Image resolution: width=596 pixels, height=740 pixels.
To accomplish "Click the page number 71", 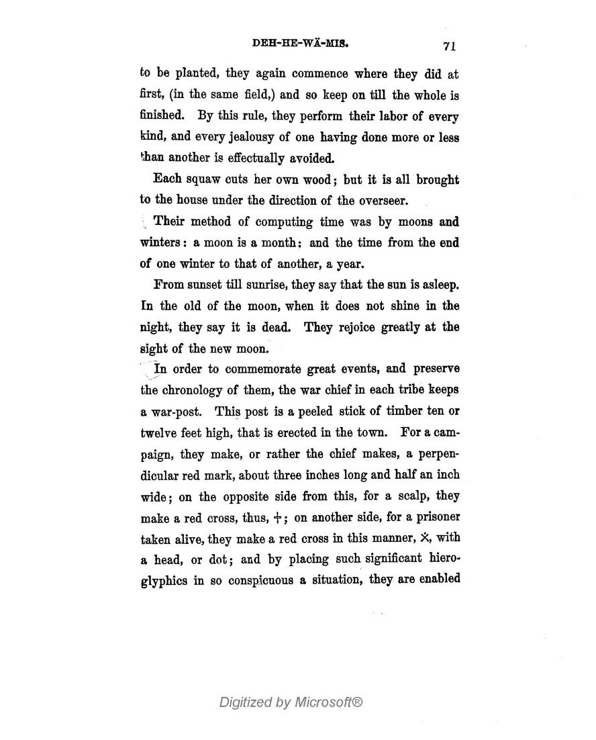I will [450, 46].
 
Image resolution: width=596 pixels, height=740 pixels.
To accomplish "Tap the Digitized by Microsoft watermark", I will [291, 702].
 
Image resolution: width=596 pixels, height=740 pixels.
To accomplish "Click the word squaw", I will [204, 180].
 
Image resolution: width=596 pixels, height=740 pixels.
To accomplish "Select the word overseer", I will [379, 200].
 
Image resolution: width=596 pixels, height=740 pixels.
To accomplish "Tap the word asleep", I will [436, 285].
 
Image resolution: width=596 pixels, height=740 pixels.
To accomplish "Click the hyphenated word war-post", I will [175, 411].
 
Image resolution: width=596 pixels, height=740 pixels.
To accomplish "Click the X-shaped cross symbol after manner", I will [424, 537].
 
